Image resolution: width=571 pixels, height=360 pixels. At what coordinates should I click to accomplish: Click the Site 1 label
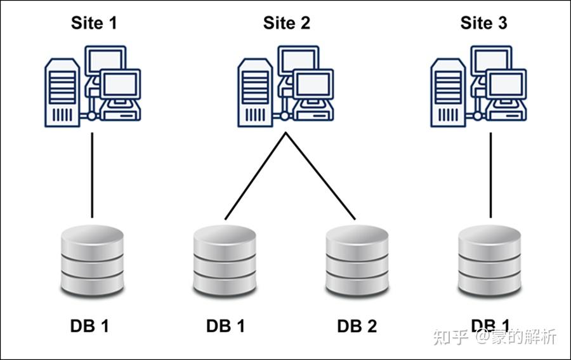(93, 23)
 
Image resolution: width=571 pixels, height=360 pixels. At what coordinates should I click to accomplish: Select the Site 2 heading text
(287, 23)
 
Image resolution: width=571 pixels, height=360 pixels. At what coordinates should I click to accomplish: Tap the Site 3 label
(483, 23)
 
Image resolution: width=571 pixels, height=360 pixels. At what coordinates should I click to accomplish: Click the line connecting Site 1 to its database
(93, 175)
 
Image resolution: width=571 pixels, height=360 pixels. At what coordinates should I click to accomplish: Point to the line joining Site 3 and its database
(491, 175)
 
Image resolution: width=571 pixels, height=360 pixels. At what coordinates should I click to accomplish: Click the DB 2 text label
(357, 326)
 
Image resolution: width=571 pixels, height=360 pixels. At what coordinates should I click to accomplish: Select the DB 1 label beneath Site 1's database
(89, 326)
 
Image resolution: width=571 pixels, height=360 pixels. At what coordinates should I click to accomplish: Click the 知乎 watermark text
(451, 337)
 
